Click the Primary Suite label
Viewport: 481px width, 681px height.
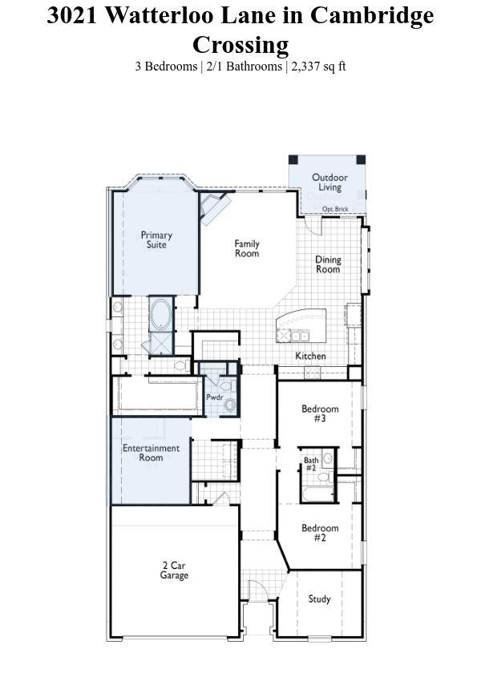[156, 240]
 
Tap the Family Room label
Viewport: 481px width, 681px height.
[247, 248]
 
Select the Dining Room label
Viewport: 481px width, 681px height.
[328, 264]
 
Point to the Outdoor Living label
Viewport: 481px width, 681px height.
[329, 182]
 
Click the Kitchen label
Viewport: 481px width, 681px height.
[310, 356]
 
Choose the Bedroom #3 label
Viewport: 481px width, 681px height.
[320, 413]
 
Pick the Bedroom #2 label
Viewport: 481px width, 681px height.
[320, 533]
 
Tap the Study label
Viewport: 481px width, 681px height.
[319, 599]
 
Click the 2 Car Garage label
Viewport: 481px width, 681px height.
[174, 570]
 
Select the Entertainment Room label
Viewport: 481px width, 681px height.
[151, 453]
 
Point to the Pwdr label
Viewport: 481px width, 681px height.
[214, 397]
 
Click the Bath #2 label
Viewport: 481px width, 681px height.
[311, 464]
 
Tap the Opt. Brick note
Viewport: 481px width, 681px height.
[335, 209]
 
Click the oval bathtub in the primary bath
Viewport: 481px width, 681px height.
[161, 313]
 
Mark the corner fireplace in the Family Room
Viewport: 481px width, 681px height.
[214, 208]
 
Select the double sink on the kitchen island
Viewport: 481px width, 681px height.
[300, 335]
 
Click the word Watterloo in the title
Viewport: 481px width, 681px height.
[162, 16]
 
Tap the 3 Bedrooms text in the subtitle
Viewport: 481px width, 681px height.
[166, 66]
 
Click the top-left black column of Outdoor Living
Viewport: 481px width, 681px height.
[293, 159]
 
